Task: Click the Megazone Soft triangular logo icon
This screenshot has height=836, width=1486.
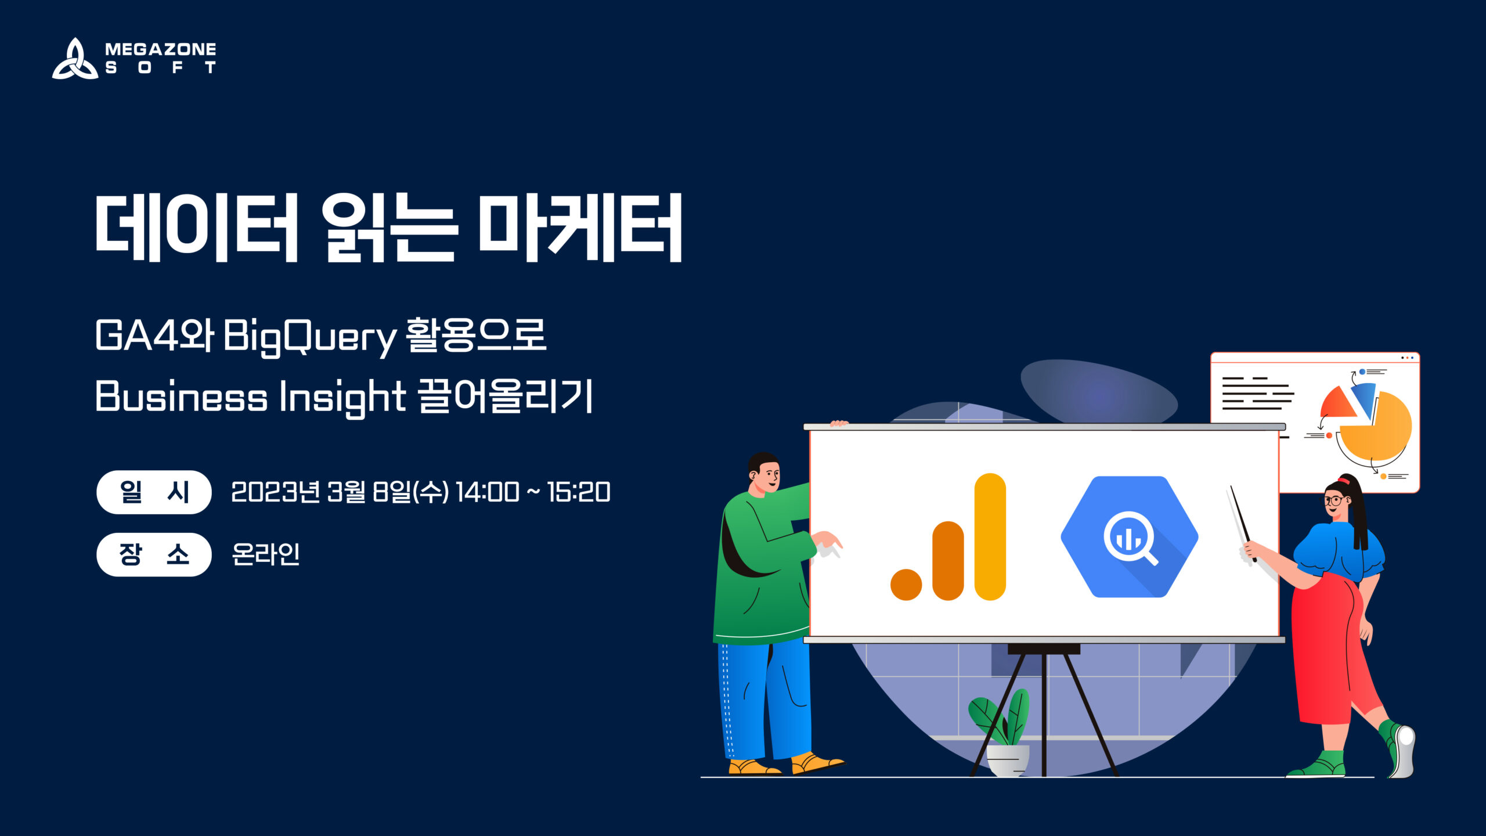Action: (x=75, y=59)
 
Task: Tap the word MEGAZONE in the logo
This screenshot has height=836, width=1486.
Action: (x=160, y=49)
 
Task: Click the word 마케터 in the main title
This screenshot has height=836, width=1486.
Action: (x=580, y=228)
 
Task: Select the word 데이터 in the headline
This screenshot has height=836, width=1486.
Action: (x=197, y=228)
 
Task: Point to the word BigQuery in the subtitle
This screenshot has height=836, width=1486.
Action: (x=310, y=337)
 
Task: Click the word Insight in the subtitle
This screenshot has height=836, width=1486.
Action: (x=342, y=397)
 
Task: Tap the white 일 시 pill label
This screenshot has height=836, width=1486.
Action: (x=154, y=492)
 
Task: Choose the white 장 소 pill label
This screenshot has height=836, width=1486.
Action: (x=154, y=554)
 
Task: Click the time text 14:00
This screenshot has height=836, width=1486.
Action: (x=487, y=492)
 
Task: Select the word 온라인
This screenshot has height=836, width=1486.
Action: (x=265, y=554)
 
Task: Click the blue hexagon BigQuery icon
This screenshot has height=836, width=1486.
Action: (x=1129, y=537)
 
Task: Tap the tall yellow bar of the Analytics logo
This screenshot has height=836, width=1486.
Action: (x=990, y=537)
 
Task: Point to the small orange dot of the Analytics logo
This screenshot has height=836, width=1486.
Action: (x=906, y=585)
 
